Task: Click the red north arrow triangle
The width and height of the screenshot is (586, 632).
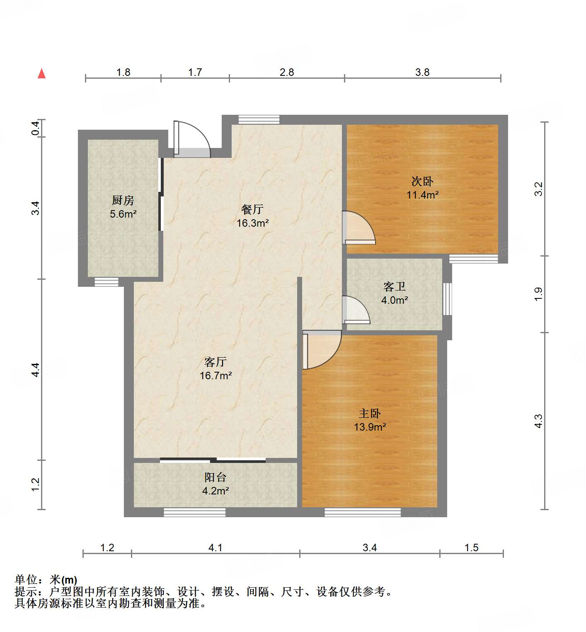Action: (x=41, y=73)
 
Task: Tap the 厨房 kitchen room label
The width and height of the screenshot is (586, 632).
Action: (x=123, y=201)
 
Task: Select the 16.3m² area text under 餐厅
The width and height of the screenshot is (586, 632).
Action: (x=252, y=223)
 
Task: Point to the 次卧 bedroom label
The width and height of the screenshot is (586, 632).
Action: (x=422, y=181)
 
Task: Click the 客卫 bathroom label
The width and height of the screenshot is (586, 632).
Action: (x=394, y=286)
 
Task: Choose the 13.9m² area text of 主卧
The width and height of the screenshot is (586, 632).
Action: (x=370, y=427)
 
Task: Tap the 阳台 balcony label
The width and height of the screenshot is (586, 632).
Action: (x=215, y=477)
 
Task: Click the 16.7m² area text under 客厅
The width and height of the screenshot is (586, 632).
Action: (x=216, y=376)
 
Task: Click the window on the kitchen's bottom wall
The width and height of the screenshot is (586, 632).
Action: (x=107, y=282)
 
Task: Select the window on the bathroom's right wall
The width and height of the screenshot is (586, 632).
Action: (x=447, y=299)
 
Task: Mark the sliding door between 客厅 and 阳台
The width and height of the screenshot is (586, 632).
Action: (x=213, y=460)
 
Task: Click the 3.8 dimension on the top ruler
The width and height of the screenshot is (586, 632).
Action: (x=422, y=73)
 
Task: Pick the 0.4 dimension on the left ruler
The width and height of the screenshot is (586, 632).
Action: (x=36, y=128)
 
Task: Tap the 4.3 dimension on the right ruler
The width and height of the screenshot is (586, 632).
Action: (x=538, y=421)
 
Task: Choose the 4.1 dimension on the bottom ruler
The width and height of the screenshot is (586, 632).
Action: (x=215, y=548)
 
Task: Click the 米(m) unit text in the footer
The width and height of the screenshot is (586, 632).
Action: (x=63, y=580)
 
